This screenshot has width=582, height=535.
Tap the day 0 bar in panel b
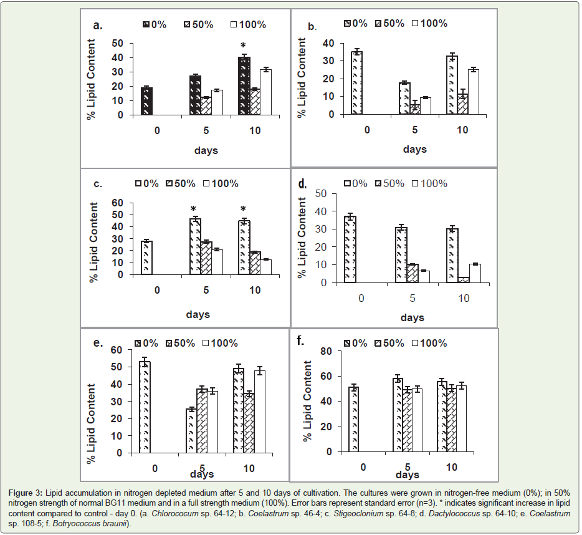(x=357, y=83)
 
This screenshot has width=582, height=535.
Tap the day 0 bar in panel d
(x=350, y=249)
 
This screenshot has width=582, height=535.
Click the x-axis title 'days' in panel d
(x=412, y=317)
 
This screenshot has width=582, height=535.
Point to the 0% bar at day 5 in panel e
(x=191, y=431)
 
